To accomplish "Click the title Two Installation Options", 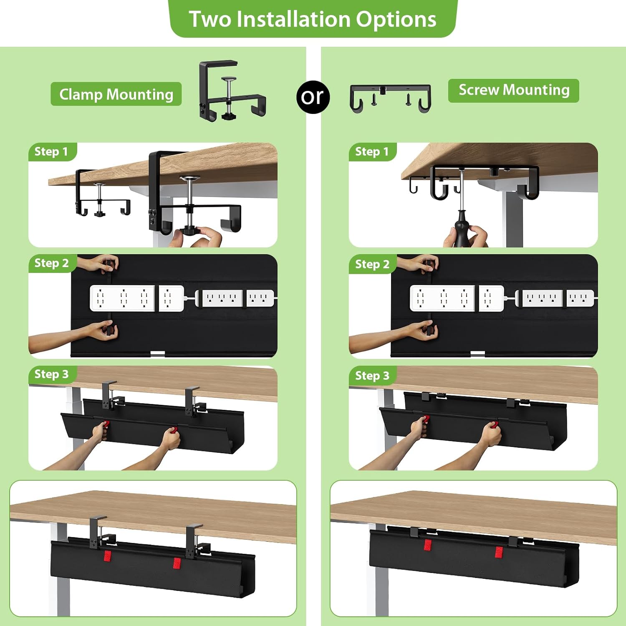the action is [313, 19].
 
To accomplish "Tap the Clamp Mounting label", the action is [116, 94].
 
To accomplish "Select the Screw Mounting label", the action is [514, 90].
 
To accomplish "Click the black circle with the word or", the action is [313, 97].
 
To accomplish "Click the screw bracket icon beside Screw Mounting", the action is [390, 98].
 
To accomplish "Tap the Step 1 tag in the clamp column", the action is [51, 151].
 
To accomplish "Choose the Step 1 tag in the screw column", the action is [372, 151].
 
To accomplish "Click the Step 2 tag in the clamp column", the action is [52, 263].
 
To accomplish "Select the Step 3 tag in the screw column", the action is [372, 376].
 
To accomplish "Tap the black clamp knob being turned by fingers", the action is [191, 230].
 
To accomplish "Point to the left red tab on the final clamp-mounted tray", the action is [107, 556].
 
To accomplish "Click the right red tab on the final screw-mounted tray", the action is [499, 552].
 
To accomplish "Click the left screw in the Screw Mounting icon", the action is [374, 98].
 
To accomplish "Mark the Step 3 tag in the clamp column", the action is [52, 374].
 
